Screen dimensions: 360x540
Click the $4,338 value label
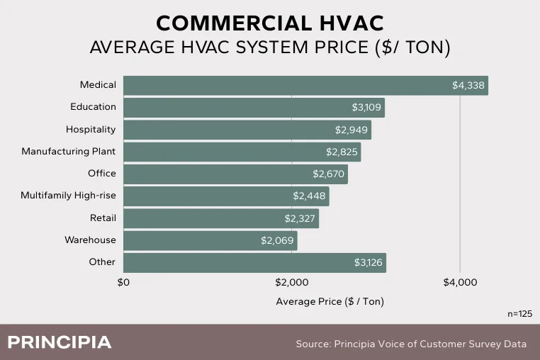tap(468, 86)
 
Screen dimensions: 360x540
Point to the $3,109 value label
tap(367, 108)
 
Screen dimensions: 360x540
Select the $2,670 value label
tap(328, 174)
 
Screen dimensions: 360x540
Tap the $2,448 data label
tap(309, 196)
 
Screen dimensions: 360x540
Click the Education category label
tap(93, 107)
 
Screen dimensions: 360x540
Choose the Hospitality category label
tap(91, 130)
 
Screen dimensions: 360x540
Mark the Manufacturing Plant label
tap(68, 152)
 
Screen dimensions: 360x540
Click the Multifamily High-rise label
tap(68, 196)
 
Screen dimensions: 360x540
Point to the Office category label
tap(101, 174)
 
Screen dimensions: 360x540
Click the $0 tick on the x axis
tap(123, 283)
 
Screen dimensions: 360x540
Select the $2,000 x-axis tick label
tap(292, 283)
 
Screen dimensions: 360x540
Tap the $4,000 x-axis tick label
tap(460, 283)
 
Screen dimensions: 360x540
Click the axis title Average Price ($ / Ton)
tap(330, 301)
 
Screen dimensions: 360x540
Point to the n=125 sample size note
tap(519, 313)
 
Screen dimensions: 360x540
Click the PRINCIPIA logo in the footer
tap(60, 342)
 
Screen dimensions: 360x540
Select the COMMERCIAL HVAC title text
tap(269, 23)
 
